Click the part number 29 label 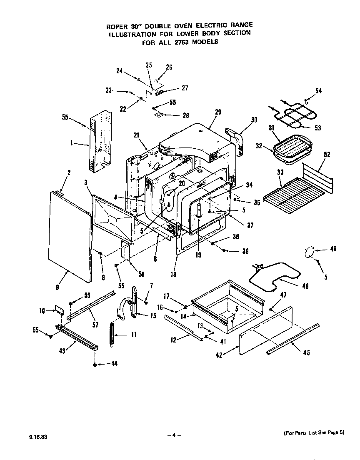tap(218, 112)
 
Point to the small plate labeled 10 tap(60, 310)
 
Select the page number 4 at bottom tap(174, 435)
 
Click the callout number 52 tap(327, 154)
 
